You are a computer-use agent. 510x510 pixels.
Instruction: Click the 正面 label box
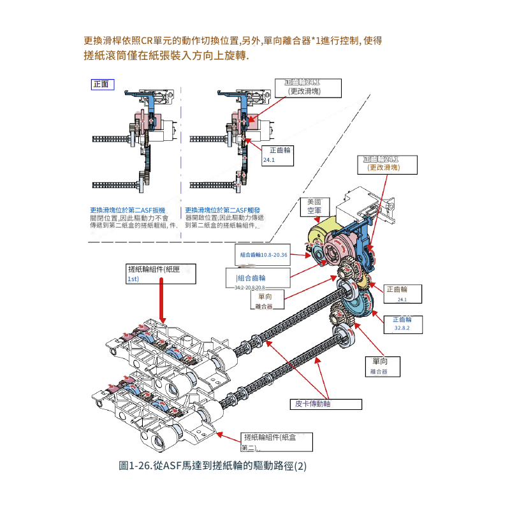coord(101,84)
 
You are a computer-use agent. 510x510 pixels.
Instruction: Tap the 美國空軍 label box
coord(314,205)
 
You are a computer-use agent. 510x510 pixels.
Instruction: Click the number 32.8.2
coord(402,328)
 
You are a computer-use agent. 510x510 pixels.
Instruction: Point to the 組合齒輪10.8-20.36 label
coord(264,255)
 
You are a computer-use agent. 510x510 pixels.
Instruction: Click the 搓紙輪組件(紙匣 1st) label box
coord(160,273)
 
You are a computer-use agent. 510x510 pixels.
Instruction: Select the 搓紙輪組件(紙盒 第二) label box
coord(277,441)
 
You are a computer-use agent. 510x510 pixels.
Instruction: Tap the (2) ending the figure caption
coord(300,466)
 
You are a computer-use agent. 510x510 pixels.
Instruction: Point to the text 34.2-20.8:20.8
coord(249,288)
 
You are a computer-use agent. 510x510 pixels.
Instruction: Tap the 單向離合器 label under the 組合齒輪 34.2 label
coord(265,301)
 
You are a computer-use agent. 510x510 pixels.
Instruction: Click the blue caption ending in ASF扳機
coord(127,210)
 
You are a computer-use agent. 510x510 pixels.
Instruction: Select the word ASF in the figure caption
coord(173,466)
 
